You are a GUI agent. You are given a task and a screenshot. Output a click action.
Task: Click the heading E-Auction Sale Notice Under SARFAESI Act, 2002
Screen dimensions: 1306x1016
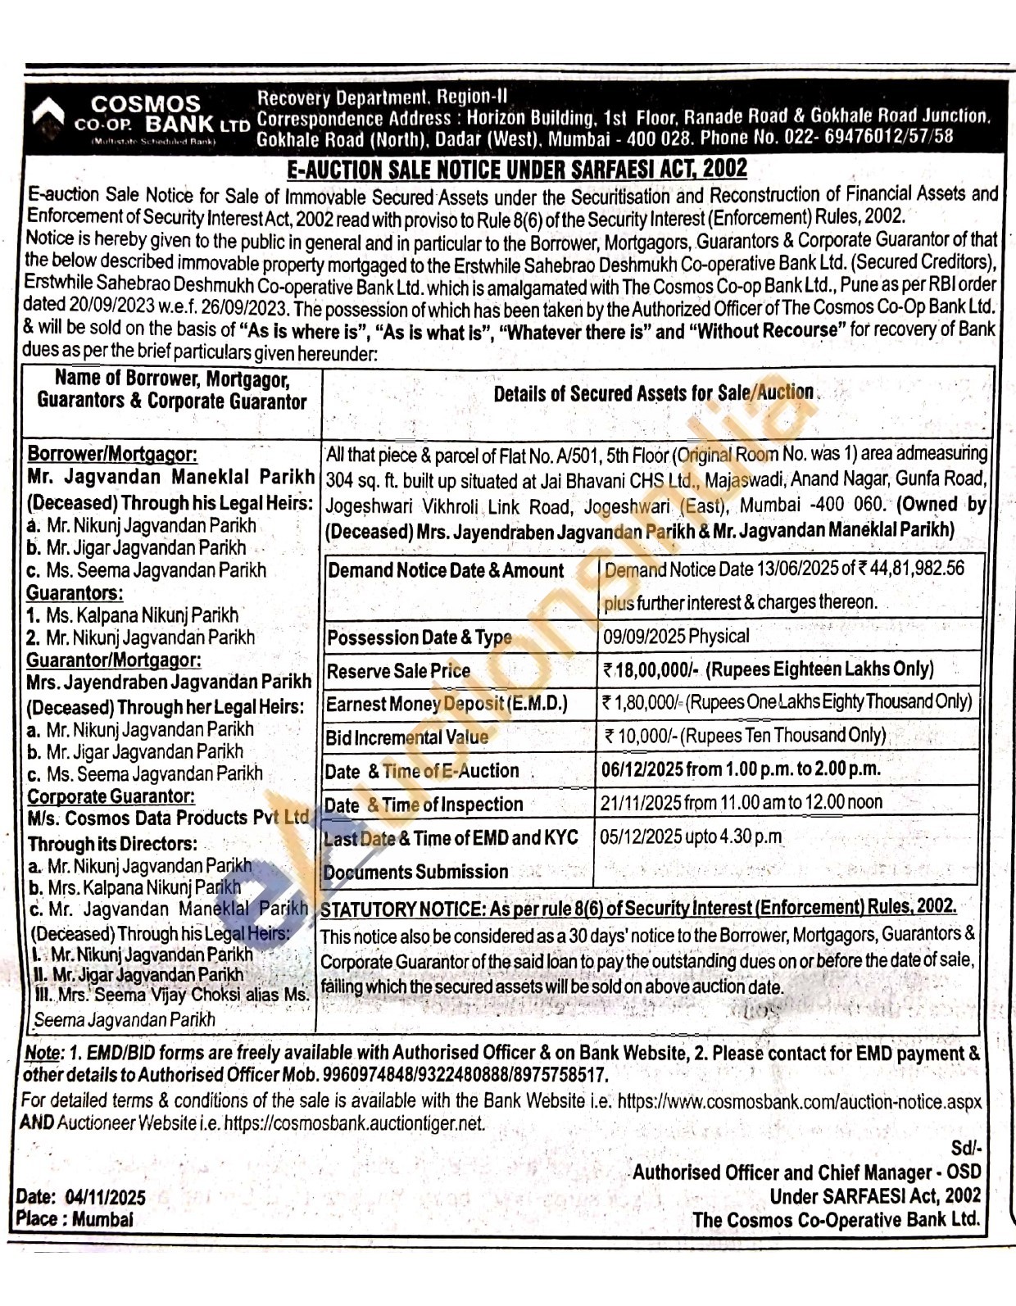516,170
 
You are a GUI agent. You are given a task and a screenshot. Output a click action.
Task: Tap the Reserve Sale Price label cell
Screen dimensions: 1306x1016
398,671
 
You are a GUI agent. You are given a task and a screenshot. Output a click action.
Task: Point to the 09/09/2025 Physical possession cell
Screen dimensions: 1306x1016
676,636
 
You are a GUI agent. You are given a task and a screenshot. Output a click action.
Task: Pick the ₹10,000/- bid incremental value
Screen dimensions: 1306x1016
642,736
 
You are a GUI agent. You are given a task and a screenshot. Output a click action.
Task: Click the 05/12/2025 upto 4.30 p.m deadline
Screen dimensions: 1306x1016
691,837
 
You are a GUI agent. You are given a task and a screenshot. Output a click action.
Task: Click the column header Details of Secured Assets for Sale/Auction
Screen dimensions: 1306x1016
653,393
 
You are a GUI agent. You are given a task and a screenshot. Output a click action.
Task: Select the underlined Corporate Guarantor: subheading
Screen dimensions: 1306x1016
111,796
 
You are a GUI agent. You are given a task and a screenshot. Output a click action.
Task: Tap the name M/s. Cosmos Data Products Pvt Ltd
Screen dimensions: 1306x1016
168,818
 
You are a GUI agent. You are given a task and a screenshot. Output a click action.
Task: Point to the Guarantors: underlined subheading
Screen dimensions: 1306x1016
75,592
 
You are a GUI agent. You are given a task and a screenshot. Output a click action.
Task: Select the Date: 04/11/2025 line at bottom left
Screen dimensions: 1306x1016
81,1197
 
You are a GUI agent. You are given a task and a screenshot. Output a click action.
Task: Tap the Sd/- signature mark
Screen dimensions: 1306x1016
965,1149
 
